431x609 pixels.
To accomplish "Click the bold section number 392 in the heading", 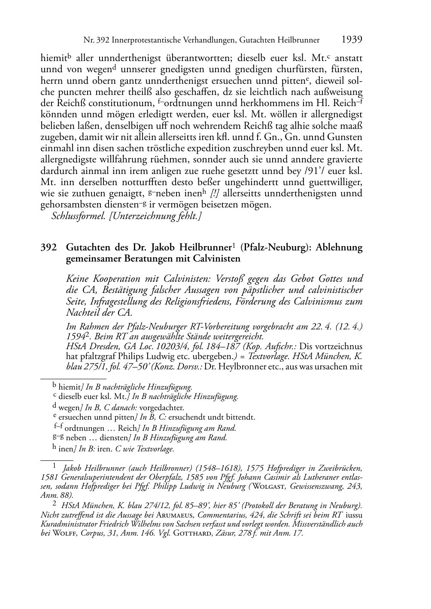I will [x=48, y=248].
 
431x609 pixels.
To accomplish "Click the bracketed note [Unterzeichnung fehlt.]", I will [x=156, y=216].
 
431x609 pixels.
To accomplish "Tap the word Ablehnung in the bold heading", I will [x=339, y=248].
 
